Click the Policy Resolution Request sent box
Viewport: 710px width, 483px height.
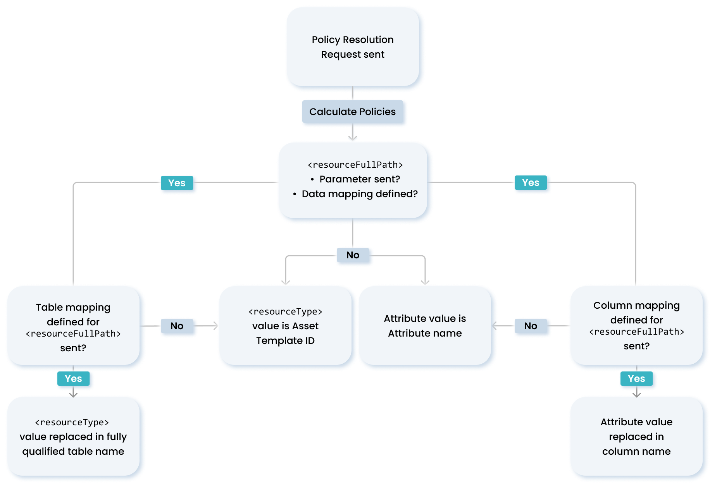352,47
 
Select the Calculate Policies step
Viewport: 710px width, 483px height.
352,112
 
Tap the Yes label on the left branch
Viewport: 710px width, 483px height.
177,183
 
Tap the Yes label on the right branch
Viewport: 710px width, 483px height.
531,183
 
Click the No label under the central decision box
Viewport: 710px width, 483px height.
353,255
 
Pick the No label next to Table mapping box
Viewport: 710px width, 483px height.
177,326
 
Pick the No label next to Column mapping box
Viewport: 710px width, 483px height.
531,326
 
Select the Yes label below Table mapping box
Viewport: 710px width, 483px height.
73,379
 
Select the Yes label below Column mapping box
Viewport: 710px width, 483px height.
636,379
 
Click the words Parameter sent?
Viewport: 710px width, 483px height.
359,179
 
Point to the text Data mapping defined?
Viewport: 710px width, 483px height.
359,194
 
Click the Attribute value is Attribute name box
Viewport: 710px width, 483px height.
425,326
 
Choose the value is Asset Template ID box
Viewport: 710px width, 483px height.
285,326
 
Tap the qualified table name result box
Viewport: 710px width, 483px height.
73,437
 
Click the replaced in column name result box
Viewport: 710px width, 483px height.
636,437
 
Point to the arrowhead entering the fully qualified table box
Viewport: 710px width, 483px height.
73,395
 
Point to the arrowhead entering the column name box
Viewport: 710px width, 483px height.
636,395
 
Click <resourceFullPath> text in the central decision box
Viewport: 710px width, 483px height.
355,165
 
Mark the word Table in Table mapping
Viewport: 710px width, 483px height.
49,308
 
